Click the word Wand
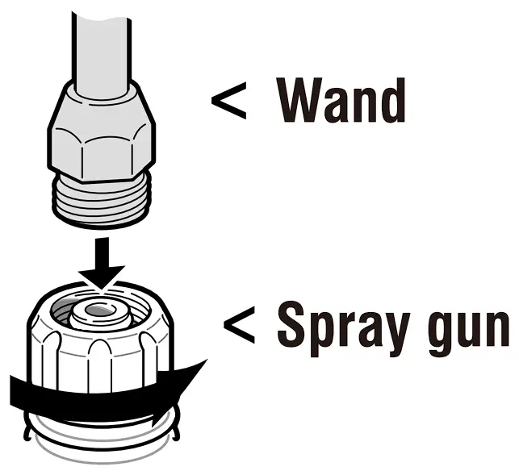(x=341, y=102)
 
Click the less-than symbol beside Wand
(x=228, y=102)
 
